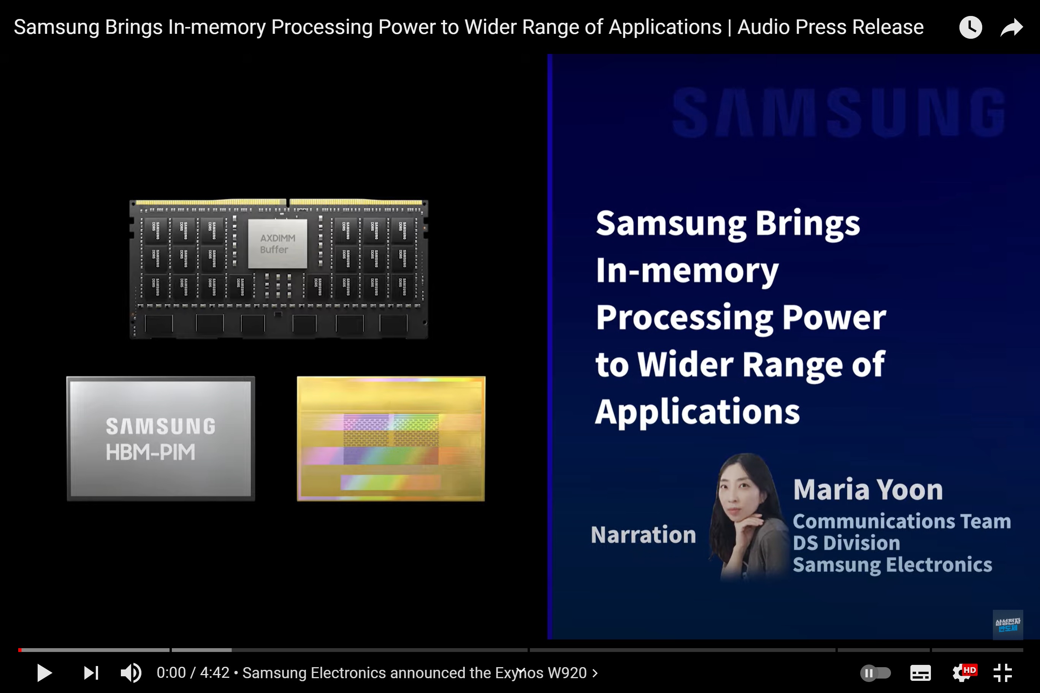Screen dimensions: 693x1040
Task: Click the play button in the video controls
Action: [44, 672]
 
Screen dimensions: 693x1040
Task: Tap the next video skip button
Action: [91, 672]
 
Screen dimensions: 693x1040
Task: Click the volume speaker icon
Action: [131, 672]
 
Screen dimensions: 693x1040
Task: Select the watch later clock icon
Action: [970, 27]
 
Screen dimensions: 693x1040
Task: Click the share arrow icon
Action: [1012, 27]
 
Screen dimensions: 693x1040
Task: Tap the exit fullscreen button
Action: [1002, 672]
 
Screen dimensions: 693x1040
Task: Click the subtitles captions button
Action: [921, 672]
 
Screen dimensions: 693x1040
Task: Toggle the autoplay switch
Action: [875, 672]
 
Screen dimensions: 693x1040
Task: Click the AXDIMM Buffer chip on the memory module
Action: [277, 244]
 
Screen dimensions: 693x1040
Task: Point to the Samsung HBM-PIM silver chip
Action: [160, 438]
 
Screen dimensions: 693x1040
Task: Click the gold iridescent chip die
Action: [391, 438]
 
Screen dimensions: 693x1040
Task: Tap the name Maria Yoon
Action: [867, 490]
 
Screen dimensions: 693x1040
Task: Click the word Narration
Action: [644, 535]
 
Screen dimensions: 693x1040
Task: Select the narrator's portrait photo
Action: [747, 517]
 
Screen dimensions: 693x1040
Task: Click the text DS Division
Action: [846, 543]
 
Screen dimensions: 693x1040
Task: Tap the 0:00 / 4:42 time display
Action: [193, 672]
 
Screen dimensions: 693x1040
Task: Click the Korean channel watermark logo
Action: [1008, 625]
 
